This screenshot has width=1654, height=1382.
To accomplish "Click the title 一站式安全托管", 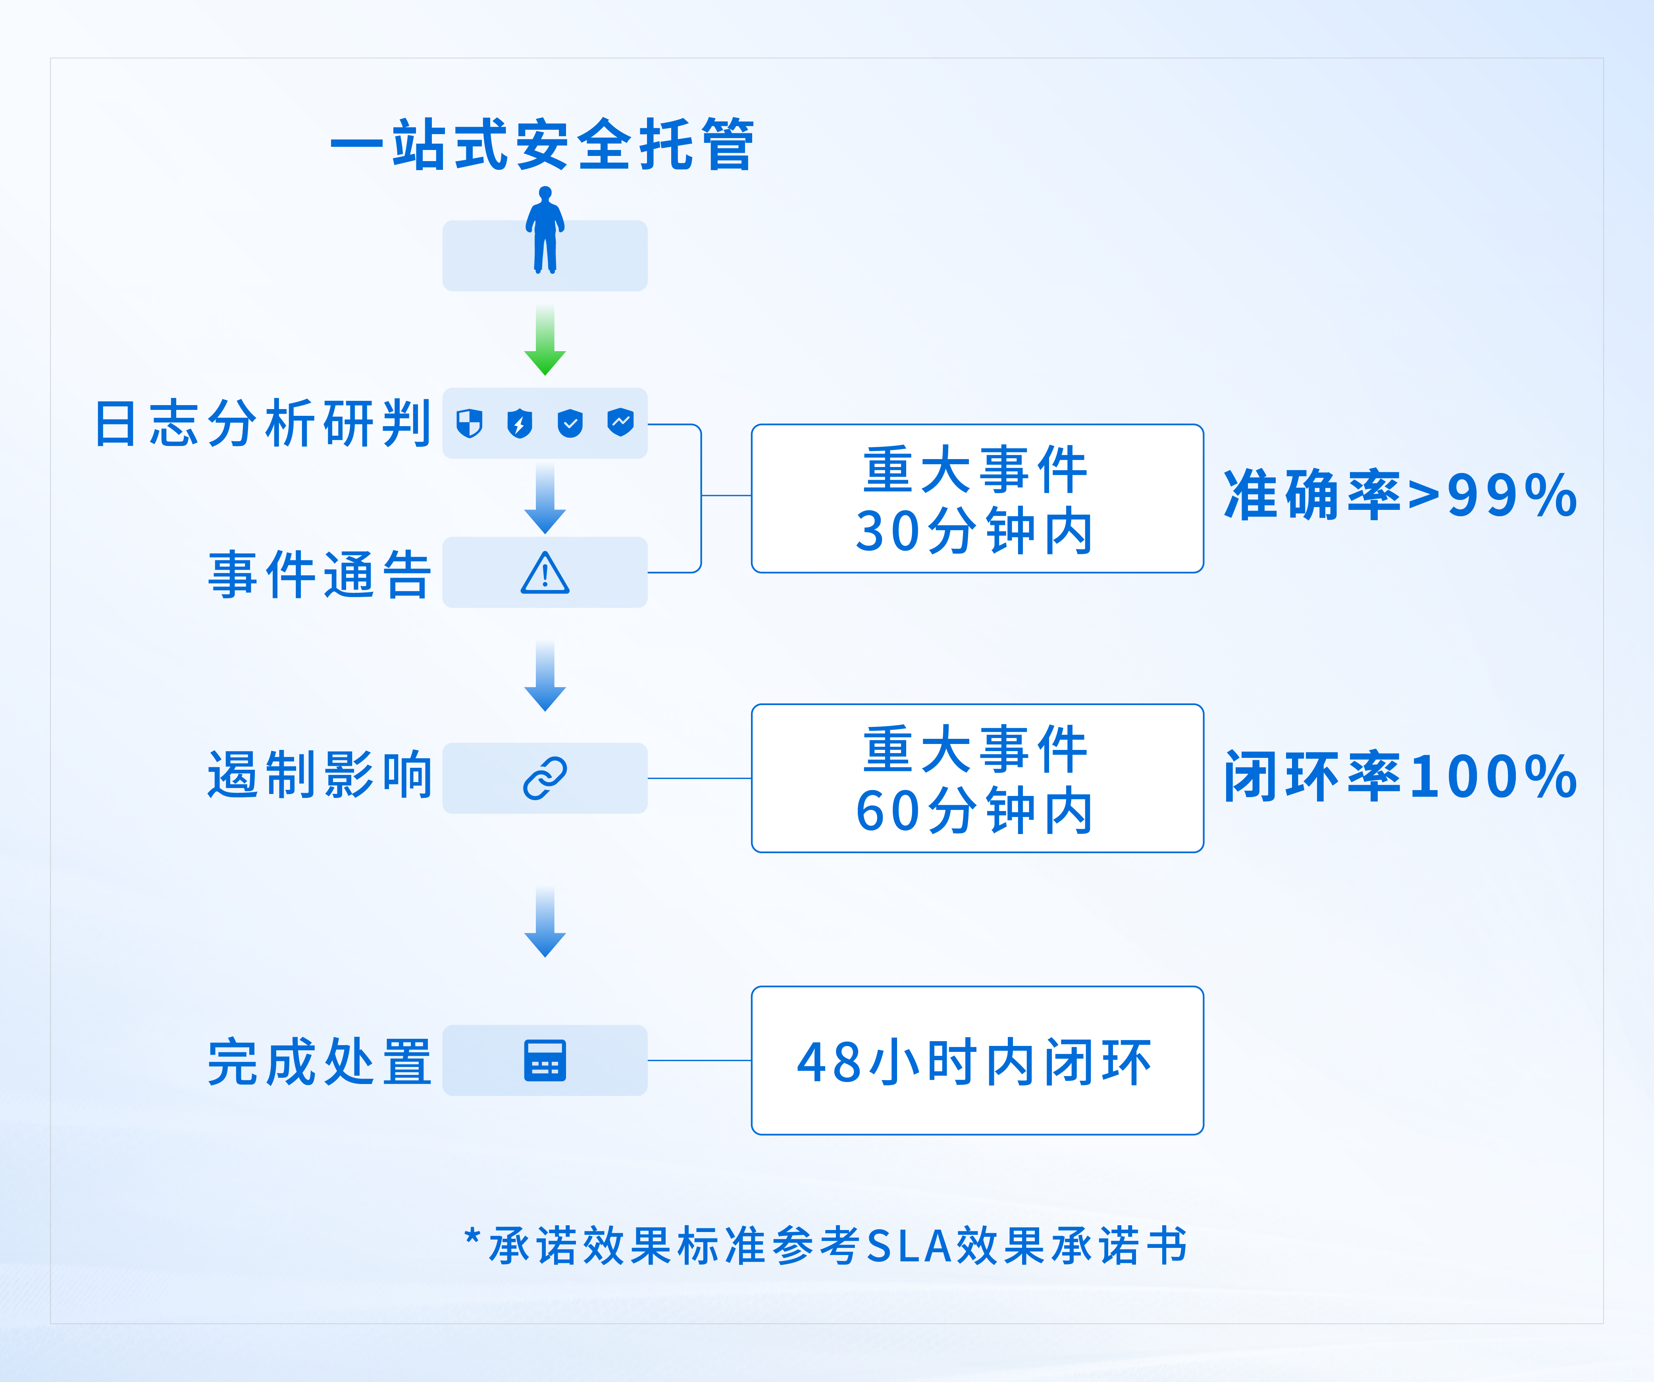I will point(542,145).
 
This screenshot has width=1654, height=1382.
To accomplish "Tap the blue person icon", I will point(545,230).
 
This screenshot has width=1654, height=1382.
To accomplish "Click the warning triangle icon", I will point(545,573).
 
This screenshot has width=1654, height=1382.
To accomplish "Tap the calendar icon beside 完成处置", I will point(545,1061).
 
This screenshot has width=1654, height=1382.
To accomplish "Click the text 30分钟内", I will point(975,531).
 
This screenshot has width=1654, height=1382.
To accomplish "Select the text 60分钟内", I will point(975,811).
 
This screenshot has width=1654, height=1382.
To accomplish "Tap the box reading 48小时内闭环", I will point(977,1061).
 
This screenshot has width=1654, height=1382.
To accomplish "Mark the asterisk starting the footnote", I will point(472,1236).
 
